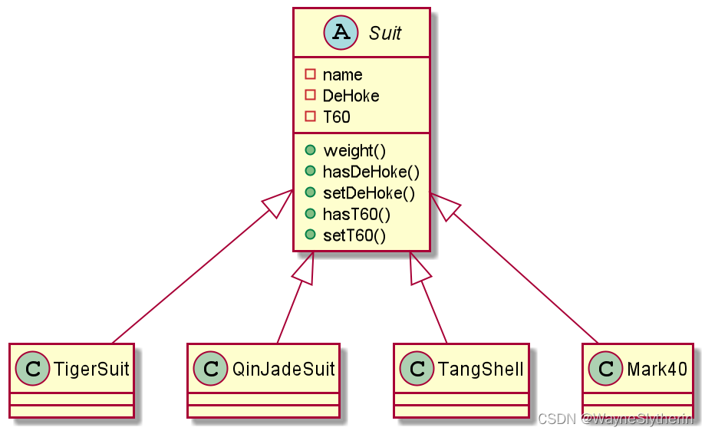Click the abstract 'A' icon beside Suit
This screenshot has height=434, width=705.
coord(339,33)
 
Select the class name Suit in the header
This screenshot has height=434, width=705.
coord(385,34)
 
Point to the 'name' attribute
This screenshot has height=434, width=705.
coord(342,75)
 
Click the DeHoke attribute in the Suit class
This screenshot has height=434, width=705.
coord(351,96)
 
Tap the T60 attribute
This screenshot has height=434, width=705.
coord(336,117)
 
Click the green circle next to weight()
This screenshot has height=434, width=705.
coord(310,151)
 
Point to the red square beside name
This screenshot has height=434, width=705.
coord(310,75)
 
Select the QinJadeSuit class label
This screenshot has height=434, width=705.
coord(284,369)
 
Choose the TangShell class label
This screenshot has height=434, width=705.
coord(480,369)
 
